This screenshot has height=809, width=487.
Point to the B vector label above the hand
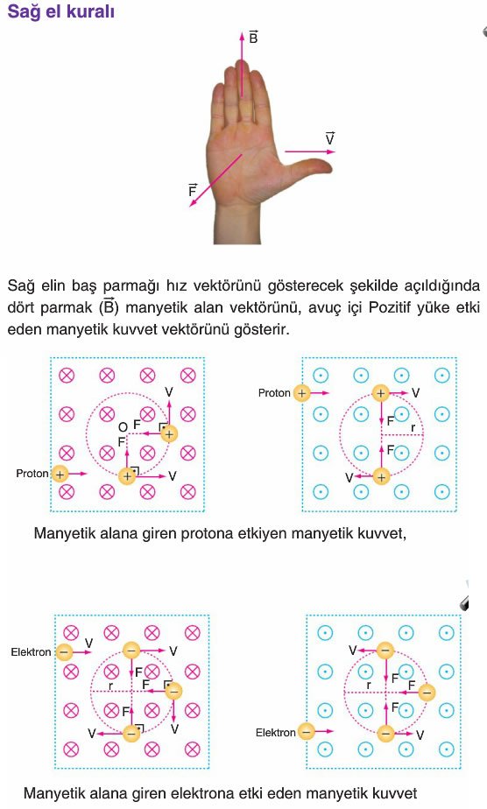pyautogui.click(x=253, y=37)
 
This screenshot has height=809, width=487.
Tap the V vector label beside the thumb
pyautogui.click(x=329, y=138)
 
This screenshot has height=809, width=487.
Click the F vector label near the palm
pyautogui.click(x=193, y=190)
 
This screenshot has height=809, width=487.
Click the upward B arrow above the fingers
pyautogui.click(x=242, y=64)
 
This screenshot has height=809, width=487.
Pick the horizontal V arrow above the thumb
pyautogui.click(x=310, y=151)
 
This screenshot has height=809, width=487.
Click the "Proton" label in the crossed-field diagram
pyautogui.click(x=32, y=473)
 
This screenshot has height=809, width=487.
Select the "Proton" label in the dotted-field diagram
pyautogui.click(x=274, y=393)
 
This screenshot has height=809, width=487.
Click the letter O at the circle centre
pyautogui.click(x=123, y=427)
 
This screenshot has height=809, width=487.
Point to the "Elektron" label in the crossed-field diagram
pyautogui.click(x=31, y=652)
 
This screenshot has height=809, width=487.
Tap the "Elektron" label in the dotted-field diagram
pyautogui.click(x=276, y=732)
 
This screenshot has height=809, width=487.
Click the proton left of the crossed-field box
pyautogui.click(x=60, y=474)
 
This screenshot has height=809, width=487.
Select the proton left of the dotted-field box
pyautogui.click(x=301, y=393)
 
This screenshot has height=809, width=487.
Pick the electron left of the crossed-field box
pyautogui.click(x=64, y=652)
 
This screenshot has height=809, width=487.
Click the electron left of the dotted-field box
pyautogui.click(x=307, y=731)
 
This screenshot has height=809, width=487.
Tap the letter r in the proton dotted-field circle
pyautogui.click(x=413, y=428)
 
